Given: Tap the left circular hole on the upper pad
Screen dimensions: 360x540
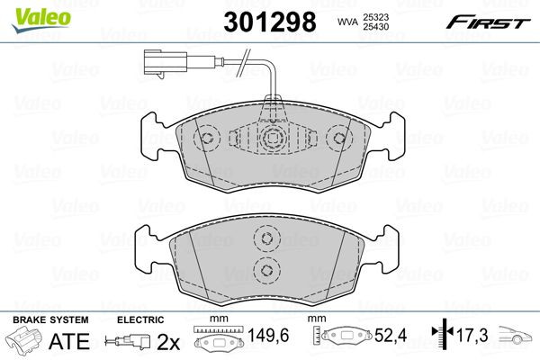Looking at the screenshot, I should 208,139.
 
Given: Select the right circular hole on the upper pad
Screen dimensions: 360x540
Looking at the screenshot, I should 339,139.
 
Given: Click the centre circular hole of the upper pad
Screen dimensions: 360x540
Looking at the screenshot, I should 274,139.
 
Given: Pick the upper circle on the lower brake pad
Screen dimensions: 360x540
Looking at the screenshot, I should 265,238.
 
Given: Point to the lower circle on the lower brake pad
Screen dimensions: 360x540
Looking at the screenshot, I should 265,270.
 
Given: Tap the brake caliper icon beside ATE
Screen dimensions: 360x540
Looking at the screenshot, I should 26,342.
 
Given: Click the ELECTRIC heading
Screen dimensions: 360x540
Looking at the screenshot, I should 140,319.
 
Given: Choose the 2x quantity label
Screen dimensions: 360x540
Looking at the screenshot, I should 169,342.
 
